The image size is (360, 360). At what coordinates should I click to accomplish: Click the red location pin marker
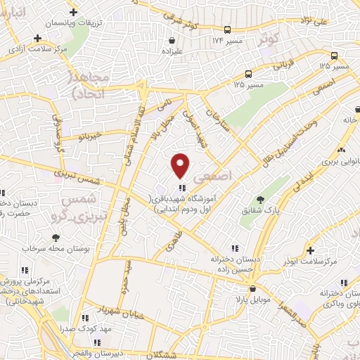181,165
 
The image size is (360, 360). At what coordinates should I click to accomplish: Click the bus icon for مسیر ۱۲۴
227,30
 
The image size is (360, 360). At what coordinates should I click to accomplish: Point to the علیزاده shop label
173,51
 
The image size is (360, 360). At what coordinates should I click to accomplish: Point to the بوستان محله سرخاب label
48,249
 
